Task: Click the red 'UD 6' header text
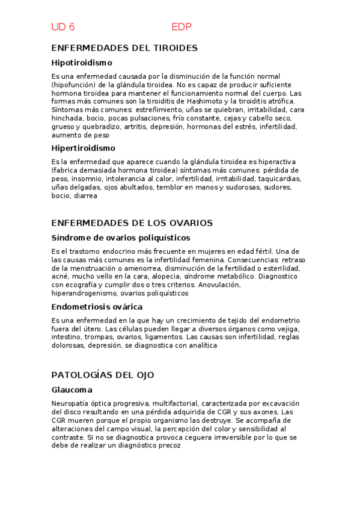pos(63,27)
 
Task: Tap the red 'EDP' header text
pos(182,27)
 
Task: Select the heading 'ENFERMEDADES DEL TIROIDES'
pos(124,48)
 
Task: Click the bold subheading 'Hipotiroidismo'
pos(82,63)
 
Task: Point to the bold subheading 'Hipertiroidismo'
pos(83,148)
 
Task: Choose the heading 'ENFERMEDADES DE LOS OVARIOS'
pos(132,223)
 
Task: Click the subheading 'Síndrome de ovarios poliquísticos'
pos(120,238)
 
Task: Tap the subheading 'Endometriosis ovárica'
pos(96,307)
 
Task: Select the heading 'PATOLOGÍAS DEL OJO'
pos(103,375)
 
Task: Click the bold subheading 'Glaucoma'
pos(72,390)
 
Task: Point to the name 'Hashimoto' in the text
pos(195,102)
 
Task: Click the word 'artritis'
pos(135,127)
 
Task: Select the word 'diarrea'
pos(85,196)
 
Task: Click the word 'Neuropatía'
pos(71,404)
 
